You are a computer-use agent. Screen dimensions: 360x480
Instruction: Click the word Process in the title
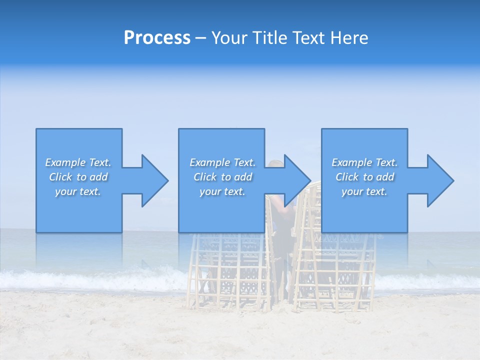[157, 38]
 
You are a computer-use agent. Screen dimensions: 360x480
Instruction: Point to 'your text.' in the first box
[78, 191]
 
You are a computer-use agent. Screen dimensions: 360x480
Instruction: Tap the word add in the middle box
[243, 177]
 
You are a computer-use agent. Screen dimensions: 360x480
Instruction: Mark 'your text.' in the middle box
[222, 191]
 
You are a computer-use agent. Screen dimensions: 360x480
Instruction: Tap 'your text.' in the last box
[364, 191]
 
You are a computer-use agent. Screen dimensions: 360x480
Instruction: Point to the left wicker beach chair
[230, 270]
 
